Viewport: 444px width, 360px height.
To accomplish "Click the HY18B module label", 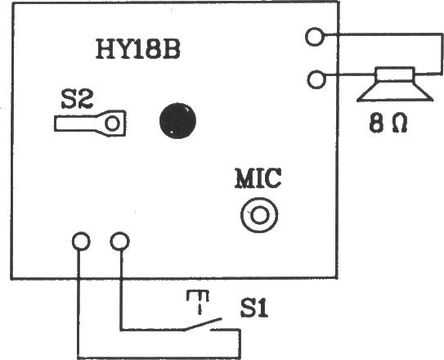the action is click(138, 49).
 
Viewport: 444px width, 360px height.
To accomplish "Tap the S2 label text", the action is click(77, 100).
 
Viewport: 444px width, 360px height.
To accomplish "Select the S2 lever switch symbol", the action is click(90, 124).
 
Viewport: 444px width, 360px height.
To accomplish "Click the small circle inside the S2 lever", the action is click(112, 124).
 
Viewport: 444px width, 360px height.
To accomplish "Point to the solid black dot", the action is click(177, 120).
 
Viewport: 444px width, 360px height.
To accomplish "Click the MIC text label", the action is click(258, 178).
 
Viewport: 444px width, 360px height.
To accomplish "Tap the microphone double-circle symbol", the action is click(259, 215).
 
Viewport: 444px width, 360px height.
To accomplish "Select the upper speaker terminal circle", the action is click(314, 37).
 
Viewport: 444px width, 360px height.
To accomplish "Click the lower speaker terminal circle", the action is click(316, 79).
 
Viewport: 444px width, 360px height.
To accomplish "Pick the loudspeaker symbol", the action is click(395, 84).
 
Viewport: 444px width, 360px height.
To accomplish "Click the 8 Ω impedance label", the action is click(388, 124).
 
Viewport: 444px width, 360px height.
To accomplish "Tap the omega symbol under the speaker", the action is click(400, 124).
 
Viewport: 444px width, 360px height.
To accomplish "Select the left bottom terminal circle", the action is click(81, 241).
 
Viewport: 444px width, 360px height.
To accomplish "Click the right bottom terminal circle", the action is click(119, 241).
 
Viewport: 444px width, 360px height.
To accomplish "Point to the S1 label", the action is click(253, 308).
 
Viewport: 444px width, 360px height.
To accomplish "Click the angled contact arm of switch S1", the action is click(202, 325).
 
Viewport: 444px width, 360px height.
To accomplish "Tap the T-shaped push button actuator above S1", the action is click(198, 302).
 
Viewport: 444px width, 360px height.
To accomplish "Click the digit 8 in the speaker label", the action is click(376, 124).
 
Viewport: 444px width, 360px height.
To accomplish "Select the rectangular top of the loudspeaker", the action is click(395, 74).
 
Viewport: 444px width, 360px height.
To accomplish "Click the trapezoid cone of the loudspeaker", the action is click(395, 92).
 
